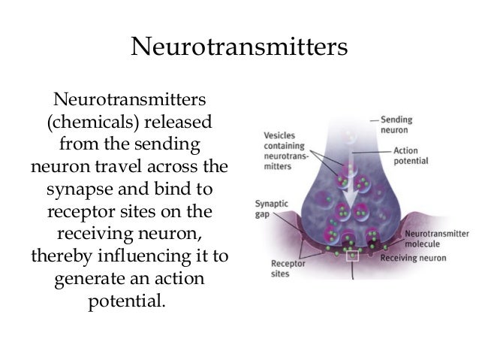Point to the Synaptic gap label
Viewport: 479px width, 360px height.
[x=270, y=208]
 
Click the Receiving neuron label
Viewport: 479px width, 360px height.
[x=413, y=258]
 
